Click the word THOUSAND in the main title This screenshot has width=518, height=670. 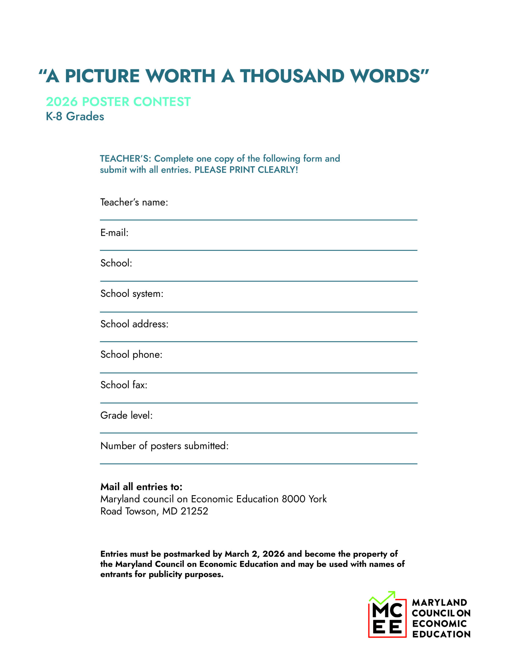(292, 76)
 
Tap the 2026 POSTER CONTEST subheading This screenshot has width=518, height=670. (118, 102)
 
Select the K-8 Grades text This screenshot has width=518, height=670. (75, 116)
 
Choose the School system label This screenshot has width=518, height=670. (132, 294)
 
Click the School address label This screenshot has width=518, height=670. (134, 324)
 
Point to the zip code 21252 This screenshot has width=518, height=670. (194, 511)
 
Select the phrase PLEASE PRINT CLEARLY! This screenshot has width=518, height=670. (246, 170)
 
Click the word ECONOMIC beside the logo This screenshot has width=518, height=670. (439, 624)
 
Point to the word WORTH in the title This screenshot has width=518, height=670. (180, 76)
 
